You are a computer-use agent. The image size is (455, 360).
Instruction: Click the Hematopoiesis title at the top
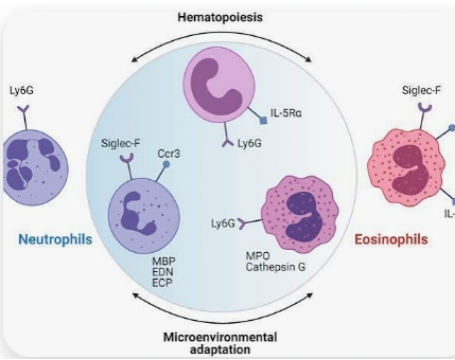tap(220, 17)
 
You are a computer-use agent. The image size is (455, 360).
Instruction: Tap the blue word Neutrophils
tap(55, 239)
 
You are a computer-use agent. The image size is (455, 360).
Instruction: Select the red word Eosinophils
tap(391, 239)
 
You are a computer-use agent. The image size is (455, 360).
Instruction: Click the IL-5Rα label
tap(286, 113)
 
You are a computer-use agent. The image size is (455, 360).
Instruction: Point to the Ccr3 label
tap(169, 154)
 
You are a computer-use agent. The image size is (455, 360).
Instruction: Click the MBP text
tap(164, 261)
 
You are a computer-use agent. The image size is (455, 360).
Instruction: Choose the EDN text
tap(163, 272)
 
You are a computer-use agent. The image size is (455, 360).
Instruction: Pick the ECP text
tap(162, 283)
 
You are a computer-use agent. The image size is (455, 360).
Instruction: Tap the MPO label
tap(258, 256)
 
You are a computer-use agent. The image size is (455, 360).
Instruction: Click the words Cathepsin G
tap(275, 267)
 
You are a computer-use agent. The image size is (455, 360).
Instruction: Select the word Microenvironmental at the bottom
tap(220, 337)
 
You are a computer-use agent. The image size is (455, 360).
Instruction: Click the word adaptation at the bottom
tap(220, 350)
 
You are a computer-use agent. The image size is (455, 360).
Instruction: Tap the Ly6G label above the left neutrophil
tap(22, 90)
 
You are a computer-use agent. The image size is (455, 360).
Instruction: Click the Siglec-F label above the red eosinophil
tap(421, 90)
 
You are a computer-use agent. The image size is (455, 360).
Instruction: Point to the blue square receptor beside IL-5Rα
tap(263, 121)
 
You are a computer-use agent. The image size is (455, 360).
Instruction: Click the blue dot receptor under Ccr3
tap(166, 164)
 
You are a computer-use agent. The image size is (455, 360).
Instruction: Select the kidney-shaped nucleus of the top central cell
tap(215, 88)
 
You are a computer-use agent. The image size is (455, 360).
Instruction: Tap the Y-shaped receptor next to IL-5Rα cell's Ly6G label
tap(228, 143)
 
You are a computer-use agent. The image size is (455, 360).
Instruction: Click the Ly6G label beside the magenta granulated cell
tap(223, 223)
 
